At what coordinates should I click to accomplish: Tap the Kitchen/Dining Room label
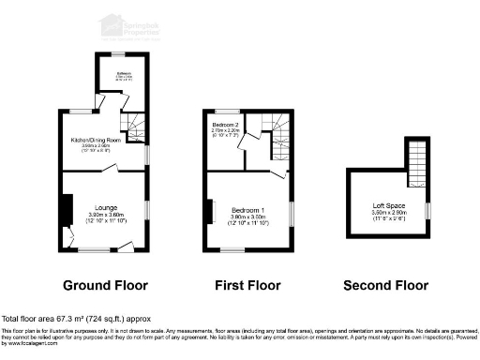click(105, 140)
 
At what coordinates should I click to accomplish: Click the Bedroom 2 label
click(226, 125)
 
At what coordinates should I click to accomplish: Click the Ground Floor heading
click(105, 285)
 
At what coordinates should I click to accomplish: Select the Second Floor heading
click(385, 285)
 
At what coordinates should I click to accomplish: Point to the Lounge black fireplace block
click(65, 210)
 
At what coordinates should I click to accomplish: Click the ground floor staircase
click(137, 126)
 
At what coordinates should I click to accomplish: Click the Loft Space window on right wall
click(428, 210)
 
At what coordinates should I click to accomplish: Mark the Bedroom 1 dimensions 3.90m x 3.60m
click(248, 221)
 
